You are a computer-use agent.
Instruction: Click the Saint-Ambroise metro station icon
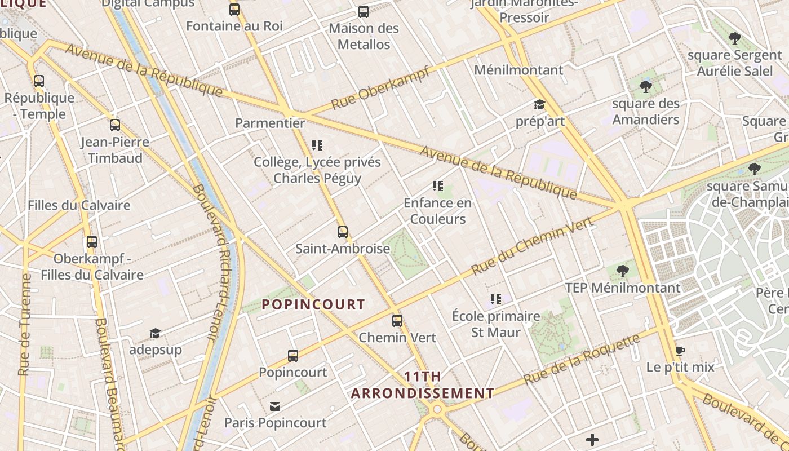click(342, 232)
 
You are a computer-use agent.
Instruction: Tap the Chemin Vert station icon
click(397, 321)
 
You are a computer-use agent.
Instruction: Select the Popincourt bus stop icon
click(292, 356)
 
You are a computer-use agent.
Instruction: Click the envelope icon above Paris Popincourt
click(275, 406)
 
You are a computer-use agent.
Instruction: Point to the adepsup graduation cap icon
click(155, 333)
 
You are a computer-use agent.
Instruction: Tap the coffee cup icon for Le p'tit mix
click(680, 351)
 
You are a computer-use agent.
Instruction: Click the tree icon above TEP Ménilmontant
click(623, 271)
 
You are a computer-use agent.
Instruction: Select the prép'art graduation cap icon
click(540, 105)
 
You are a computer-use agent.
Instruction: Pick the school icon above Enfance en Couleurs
click(437, 186)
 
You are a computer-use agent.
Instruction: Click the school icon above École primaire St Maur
click(496, 299)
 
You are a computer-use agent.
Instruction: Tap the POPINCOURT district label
click(313, 304)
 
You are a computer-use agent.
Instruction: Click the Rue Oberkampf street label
click(381, 88)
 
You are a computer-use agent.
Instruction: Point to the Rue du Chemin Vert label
click(532, 247)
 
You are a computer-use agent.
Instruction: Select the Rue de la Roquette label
click(582, 359)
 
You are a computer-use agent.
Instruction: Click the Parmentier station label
click(270, 123)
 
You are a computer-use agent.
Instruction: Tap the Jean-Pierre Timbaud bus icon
click(115, 125)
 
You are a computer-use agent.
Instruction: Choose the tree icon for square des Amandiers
click(646, 87)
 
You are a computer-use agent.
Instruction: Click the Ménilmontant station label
click(518, 70)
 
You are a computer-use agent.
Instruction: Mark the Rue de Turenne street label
click(25, 325)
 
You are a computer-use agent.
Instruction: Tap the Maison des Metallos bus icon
click(364, 12)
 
